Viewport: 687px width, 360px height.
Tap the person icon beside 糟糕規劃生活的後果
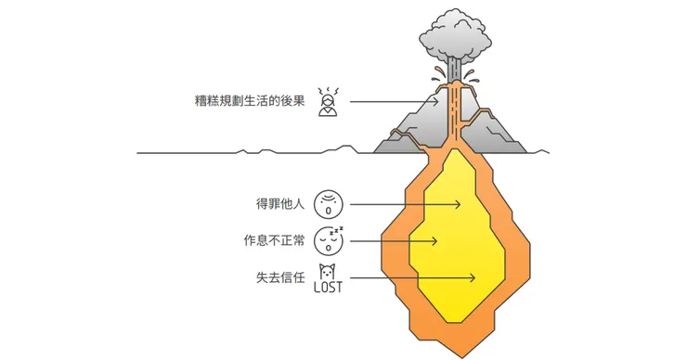[x=327, y=100]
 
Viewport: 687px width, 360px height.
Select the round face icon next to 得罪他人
[x=328, y=203]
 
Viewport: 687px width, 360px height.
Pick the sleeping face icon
[x=327, y=243]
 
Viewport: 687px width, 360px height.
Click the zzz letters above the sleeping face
[x=338, y=229]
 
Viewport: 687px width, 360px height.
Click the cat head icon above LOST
[x=327, y=270]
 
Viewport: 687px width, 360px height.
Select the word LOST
[x=327, y=287]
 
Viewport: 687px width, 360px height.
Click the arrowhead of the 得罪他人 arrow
[x=461, y=204]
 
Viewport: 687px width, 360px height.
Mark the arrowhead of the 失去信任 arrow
[x=474, y=277]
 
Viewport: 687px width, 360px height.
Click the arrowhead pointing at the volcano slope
[x=437, y=99]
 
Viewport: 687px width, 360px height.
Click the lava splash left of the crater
[x=437, y=73]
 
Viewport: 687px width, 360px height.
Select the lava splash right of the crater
[x=473, y=73]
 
